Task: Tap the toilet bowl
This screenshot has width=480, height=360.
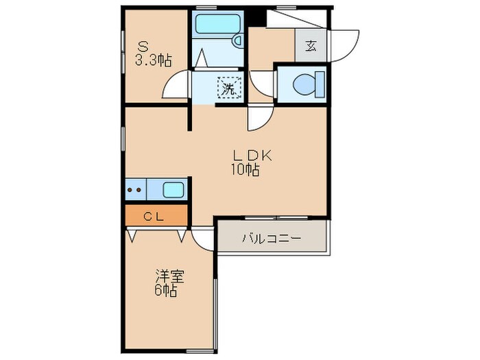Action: tap(305, 84)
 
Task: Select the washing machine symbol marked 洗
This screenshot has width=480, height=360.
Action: tap(228, 88)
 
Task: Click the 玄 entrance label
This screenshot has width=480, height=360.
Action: tap(311, 47)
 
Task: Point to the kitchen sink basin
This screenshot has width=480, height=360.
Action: tap(173, 189)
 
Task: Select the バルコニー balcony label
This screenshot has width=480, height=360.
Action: tap(272, 239)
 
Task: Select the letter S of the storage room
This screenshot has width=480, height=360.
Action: tap(144, 47)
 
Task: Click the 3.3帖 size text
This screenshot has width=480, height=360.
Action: tap(152, 60)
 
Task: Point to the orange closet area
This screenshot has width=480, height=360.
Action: tap(156, 217)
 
